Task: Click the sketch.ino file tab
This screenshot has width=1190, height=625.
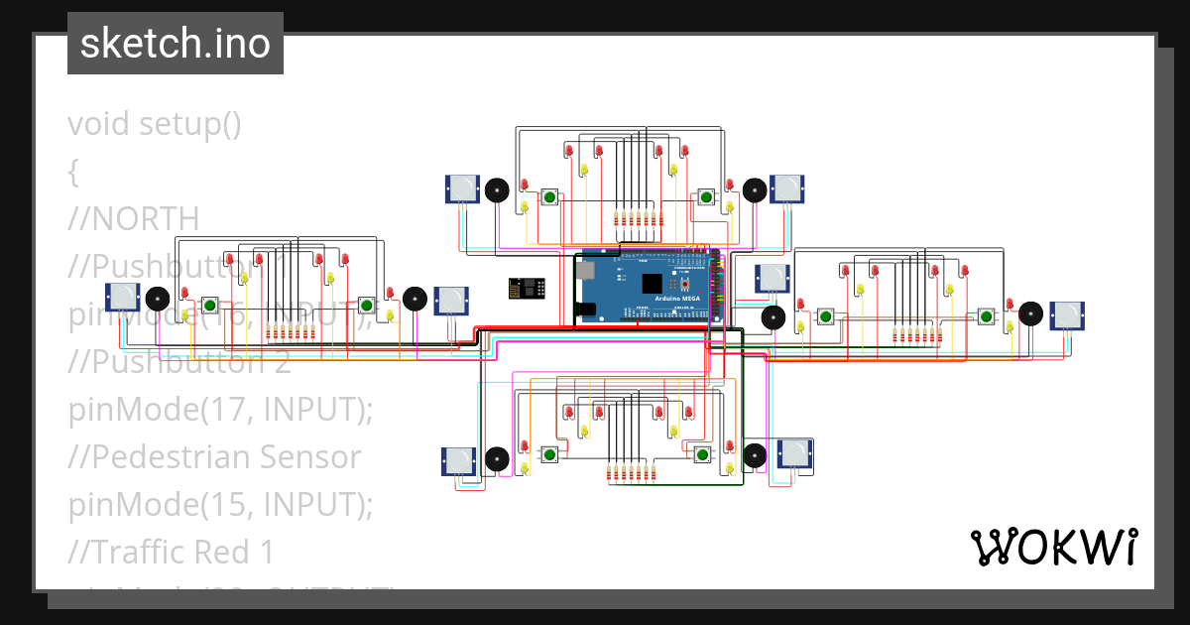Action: click(x=175, y=44)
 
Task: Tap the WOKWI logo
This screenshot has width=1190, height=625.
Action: click(x=1053, y=547)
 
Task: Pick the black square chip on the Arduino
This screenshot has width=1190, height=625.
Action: click(x=652, y=284)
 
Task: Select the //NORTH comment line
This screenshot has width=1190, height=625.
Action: click(x=133, y=218)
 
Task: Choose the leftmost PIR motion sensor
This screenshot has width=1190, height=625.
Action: click(x=121, y=296)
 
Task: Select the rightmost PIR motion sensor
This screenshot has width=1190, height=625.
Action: click(x=1068, y=314)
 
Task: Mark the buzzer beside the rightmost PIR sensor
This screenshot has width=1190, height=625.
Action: click(x=1031, y=314)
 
